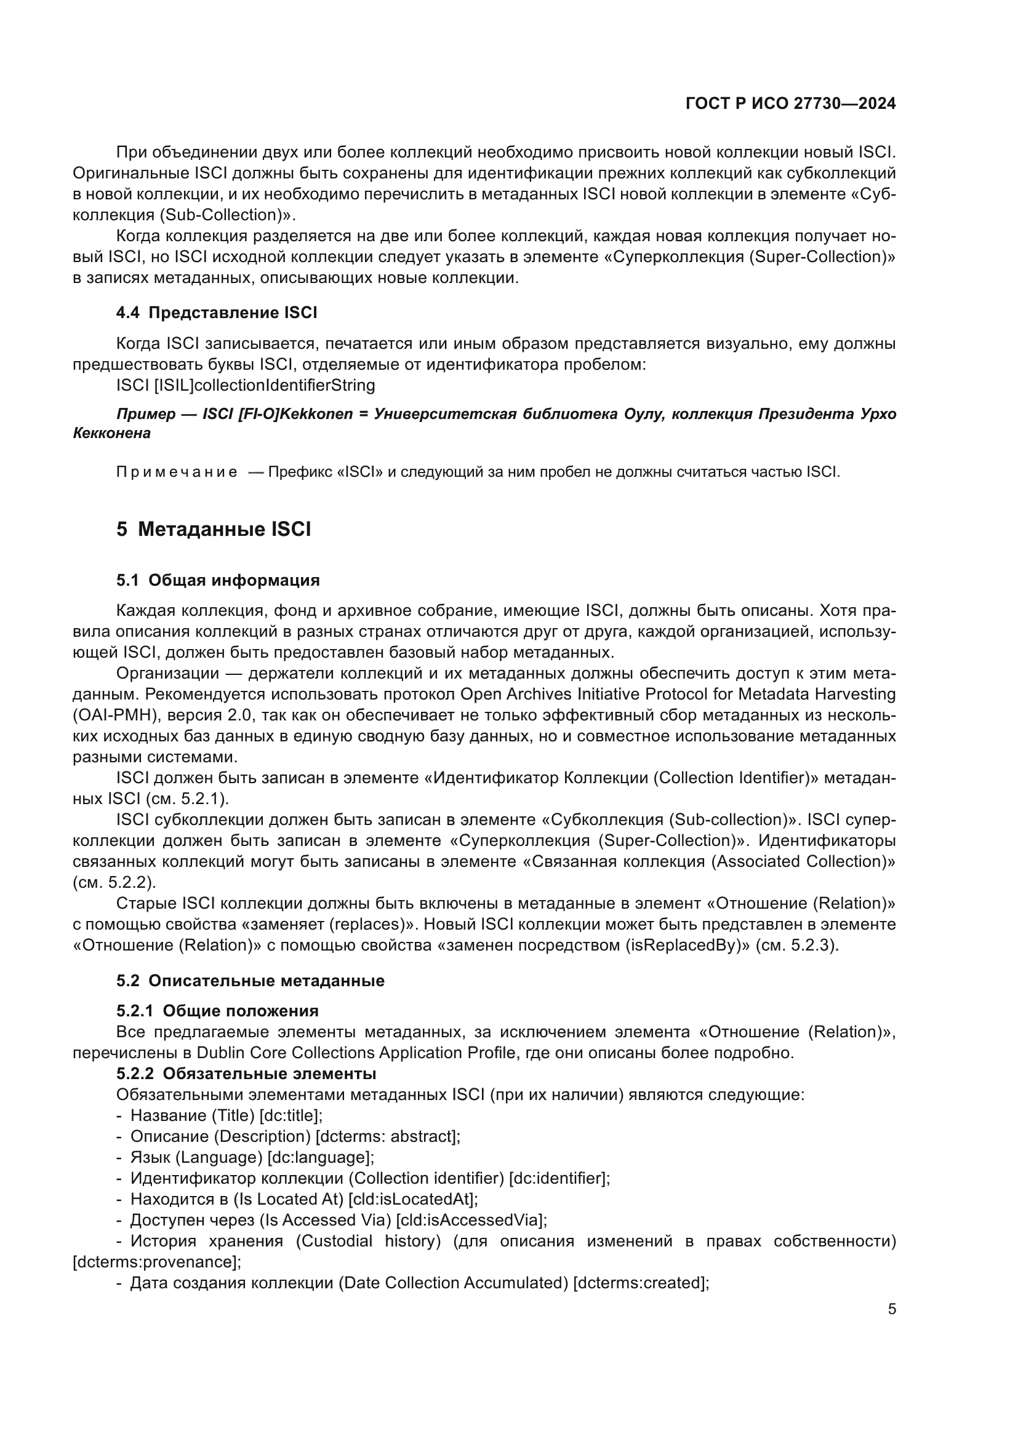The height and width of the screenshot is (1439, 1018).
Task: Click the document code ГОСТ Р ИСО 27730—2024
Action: click(x=790, y=103)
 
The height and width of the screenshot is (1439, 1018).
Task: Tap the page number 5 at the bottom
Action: click(x=891, y=1309)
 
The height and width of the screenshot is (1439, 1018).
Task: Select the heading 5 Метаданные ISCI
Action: click(x=213, y=530)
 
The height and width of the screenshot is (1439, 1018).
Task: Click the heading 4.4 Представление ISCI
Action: click(x=216, y=313)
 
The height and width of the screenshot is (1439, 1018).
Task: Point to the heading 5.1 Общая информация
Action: click(x=217, y=580)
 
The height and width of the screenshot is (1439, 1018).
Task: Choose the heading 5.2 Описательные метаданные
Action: click(x=250, y=980)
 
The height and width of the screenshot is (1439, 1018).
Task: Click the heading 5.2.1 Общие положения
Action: click(x=217, y=1011)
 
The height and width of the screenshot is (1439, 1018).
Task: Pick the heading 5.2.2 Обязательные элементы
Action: click(x=246, y=1074)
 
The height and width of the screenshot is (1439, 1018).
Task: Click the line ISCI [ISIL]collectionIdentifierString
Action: click(x=245, y=385)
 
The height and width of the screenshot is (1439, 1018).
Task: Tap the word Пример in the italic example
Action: click(x=146, y=414)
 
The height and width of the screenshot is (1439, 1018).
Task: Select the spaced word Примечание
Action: click(x=177, y=472)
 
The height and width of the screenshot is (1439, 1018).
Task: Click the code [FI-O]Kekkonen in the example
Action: click(x=296, y=414)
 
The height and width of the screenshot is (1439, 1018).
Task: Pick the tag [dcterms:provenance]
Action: click(x=156, y=1262)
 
